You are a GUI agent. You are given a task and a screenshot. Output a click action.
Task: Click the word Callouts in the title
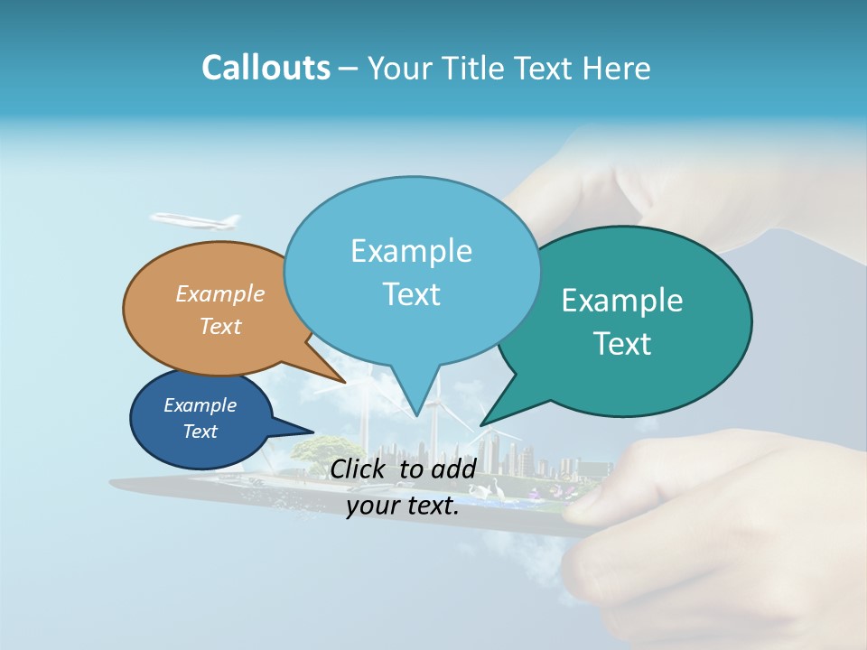266,68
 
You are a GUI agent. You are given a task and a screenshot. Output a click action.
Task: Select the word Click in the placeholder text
359,469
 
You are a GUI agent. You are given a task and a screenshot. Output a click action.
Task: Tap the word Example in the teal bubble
622,301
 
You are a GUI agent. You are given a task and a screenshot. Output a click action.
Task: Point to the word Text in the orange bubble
220,326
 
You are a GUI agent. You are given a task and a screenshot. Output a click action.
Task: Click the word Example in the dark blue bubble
200,405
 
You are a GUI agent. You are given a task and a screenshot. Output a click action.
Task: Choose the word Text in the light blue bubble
411,294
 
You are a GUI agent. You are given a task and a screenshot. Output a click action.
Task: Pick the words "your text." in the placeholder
403,506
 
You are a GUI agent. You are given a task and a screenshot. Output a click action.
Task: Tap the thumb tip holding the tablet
587,501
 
